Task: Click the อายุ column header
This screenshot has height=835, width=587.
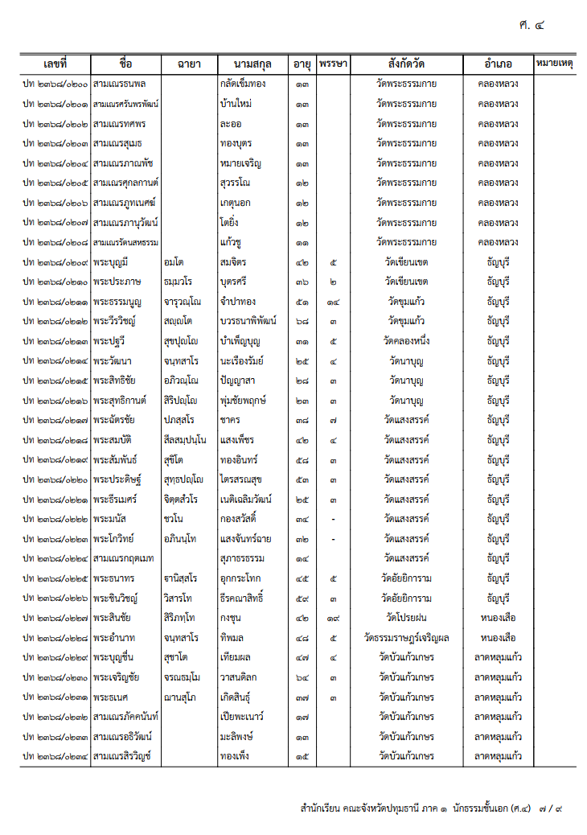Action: tap(302, 64)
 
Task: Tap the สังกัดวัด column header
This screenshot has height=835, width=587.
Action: tap(407, 64)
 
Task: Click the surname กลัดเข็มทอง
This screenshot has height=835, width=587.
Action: tap(242, 84)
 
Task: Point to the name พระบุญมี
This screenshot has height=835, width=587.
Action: tap(111, 262)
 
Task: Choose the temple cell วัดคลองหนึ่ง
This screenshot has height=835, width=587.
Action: tap(407, 341)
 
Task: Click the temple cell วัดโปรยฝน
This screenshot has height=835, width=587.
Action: tap(407, 618)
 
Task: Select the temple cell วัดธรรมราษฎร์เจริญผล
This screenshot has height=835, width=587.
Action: tap(407, 638)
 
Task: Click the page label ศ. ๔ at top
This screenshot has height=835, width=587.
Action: tap(532, 25)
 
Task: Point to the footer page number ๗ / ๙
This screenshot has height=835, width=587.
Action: tap(552, 808)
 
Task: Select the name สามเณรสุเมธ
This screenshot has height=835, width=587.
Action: tap(117, 143)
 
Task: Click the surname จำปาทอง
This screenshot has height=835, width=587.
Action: tap(237, 302)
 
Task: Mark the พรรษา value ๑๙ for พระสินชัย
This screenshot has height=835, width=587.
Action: tap(333, 618)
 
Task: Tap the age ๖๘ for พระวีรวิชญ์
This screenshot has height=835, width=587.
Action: tap(302, 321)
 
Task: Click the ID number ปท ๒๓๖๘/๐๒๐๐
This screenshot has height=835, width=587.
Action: tap(55, 84)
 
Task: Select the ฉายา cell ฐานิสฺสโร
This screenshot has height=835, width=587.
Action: tap(183, 578)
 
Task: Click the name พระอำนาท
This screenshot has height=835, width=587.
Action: tap(113, 638)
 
